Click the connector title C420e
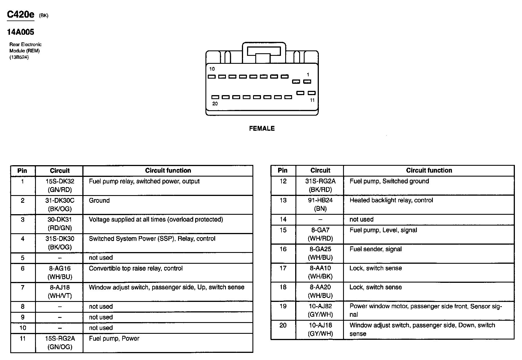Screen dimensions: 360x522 (x=21, y=15)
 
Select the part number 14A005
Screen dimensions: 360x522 (x=21, y=32)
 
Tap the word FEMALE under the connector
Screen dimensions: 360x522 (x=262, y=128)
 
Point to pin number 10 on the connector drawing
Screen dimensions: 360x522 (x=212, y=69)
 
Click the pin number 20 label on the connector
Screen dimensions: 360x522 (x=215, y=104)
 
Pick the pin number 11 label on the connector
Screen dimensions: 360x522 (x=312, y=100)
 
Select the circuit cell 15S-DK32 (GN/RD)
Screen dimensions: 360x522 (x=59, y=185)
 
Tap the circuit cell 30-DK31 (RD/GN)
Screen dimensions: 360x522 (x=59, y=224)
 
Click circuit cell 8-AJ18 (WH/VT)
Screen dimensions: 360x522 (x=59, y=291)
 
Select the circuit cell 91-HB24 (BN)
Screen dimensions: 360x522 (x=320, y=204)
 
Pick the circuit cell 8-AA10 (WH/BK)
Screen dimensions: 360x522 (x=320, y=272)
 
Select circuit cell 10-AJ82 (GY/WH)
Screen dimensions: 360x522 (x=320, y=310)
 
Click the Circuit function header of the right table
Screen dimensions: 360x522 (x=429, y=170)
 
